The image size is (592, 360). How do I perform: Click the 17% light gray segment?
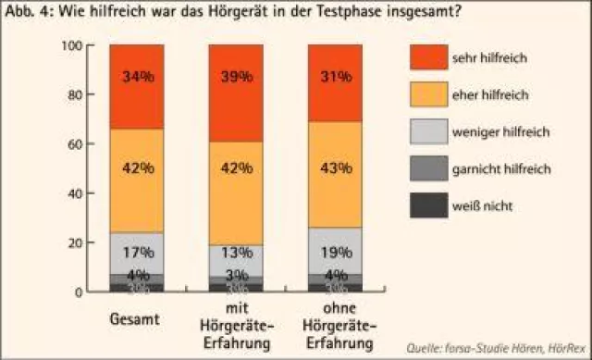click(x=137, y=253)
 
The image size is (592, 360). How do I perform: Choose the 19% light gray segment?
click(x=334, y=251)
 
